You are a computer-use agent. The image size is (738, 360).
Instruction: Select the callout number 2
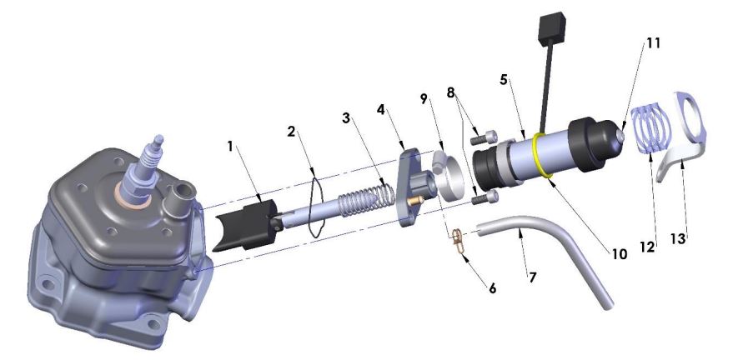coord(291,131)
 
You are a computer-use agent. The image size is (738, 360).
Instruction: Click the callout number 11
coord(652,43)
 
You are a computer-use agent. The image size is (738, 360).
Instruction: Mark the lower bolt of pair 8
coord(489,197)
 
